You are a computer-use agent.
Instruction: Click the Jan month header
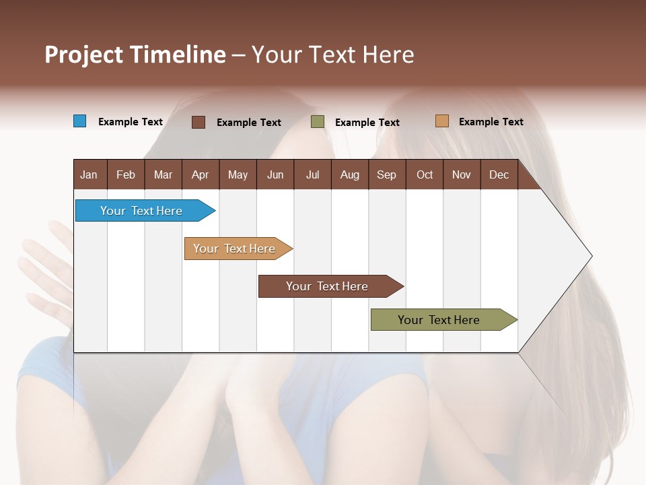(89, 174)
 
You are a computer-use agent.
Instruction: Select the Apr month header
(200, 174)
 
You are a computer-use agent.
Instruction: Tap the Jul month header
(312, 174)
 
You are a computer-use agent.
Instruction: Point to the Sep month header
(386, 174)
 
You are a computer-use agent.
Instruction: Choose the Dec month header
(499, 174)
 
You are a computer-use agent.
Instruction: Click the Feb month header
(126, 174)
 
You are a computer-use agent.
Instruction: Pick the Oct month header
(425, 174)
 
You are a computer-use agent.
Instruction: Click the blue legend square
(80, 121)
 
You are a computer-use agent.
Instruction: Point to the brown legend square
(199, 122)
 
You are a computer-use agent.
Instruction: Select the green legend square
(318, 122)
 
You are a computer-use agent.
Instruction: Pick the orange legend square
(442, 121)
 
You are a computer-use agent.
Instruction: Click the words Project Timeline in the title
(135, 55)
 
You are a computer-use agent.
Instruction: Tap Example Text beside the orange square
(491, 122)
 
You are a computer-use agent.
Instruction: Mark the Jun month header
(275, 174)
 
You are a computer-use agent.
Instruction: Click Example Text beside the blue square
(131, 122)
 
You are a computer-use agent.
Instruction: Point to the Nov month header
(462, 174)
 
